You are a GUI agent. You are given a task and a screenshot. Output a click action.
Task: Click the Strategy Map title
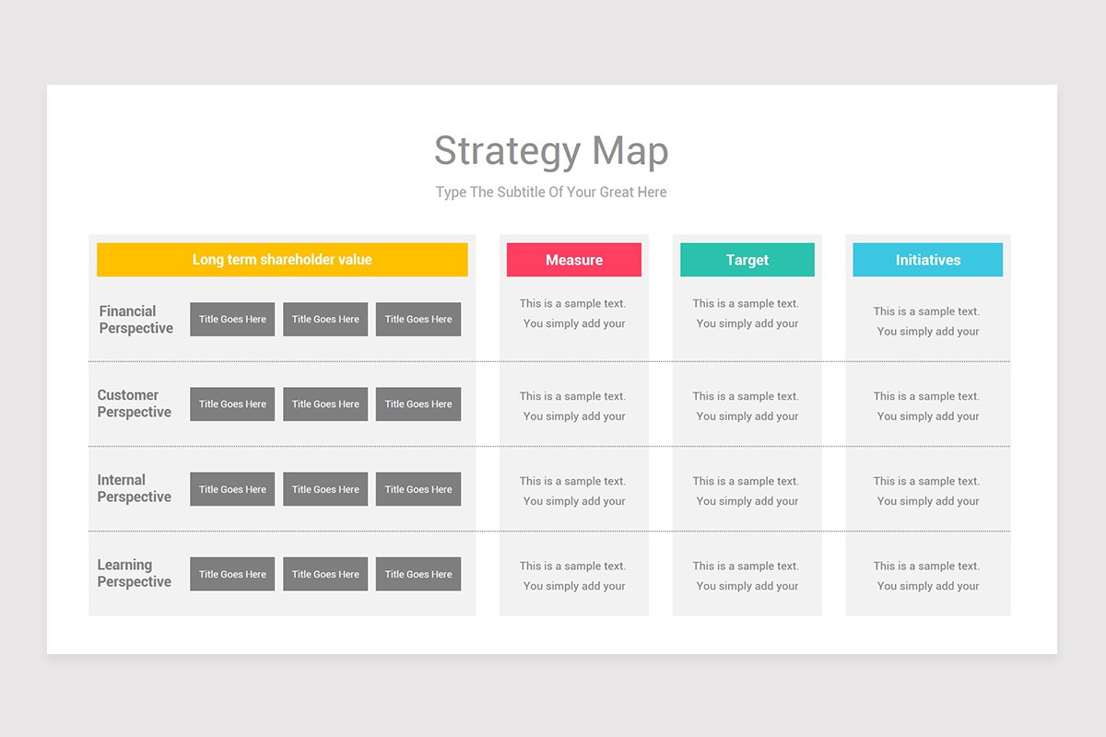551,152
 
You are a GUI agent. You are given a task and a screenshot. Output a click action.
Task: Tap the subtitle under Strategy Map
551,192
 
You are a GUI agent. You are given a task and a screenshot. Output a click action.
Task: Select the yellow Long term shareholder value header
282,260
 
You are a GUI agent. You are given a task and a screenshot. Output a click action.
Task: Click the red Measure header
573,260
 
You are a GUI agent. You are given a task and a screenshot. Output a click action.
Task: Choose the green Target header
747,260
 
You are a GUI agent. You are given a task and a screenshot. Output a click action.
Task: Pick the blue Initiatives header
928,260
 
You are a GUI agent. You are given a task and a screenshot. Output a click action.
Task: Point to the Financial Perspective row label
135,320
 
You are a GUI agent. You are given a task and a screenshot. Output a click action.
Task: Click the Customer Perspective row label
135,404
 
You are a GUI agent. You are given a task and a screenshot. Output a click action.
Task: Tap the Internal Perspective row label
135,488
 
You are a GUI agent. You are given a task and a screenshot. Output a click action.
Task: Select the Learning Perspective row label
135,573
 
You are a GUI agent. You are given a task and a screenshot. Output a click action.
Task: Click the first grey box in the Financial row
232,320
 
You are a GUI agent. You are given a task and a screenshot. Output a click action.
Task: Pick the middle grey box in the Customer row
325,404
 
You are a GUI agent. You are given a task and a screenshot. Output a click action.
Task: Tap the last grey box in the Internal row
418,489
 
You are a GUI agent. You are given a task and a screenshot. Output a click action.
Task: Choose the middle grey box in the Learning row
325,574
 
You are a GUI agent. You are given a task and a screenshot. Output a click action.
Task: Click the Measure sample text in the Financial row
572,313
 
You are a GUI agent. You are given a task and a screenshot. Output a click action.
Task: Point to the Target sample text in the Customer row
746,406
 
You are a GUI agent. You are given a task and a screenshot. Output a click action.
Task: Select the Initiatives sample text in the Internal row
927,491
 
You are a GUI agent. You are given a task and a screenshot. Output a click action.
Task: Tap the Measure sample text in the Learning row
572,576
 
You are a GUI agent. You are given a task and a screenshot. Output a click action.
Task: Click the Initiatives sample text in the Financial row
927,322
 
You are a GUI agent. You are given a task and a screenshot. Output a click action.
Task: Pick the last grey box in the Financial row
418,320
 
